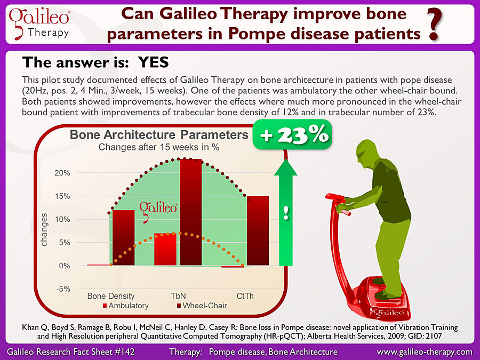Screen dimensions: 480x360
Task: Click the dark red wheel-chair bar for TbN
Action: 191,212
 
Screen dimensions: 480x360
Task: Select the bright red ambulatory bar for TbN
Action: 165,249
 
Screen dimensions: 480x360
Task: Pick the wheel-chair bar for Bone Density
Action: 124,237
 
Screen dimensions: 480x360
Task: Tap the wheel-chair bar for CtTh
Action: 258,230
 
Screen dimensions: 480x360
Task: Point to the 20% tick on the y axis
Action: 62,173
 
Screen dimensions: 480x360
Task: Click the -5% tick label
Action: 63,289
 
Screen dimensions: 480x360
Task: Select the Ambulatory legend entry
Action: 125,306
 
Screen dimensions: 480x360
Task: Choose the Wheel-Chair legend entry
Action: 202,306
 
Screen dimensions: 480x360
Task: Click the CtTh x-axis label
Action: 245,296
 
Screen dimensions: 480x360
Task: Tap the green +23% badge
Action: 292,135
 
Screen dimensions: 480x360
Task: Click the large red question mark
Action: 435,25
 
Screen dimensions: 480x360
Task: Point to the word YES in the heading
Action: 154,62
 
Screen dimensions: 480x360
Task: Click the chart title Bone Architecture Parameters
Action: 159,135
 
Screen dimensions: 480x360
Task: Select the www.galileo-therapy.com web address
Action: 425,352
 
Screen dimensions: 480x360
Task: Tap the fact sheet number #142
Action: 124,352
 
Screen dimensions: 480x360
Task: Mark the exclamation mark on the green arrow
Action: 286,213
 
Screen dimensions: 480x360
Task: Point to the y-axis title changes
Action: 44,229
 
